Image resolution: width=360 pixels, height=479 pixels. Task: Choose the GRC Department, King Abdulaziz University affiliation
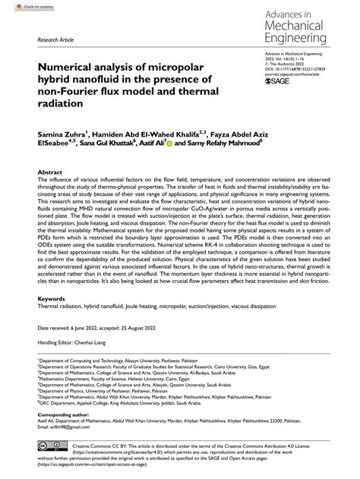click(112, 423)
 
